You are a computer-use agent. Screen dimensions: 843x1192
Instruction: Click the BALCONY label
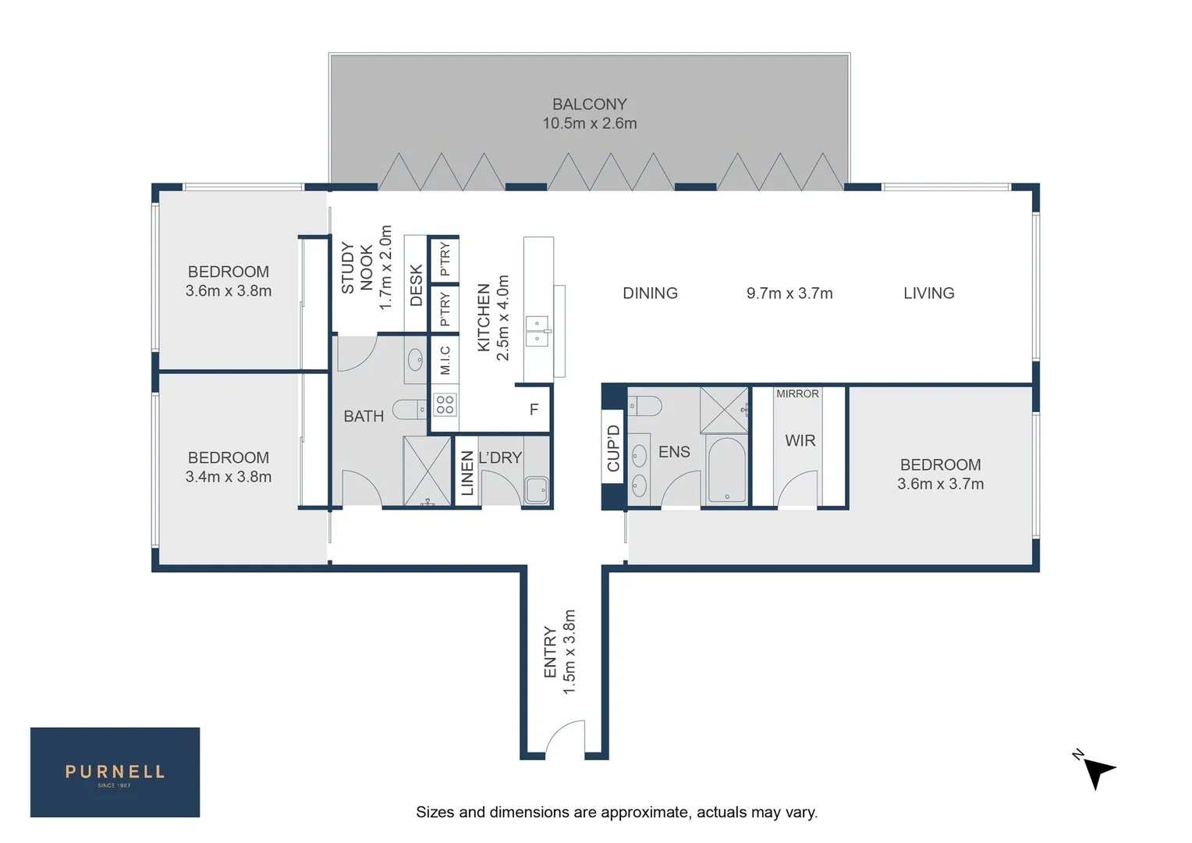click(x=589, y=104)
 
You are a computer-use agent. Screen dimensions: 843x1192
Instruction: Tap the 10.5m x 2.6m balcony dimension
click(x=589, y=123)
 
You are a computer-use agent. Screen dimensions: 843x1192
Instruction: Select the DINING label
click(x=650, y=293)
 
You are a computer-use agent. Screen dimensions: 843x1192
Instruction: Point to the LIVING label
click(x=928, y=293)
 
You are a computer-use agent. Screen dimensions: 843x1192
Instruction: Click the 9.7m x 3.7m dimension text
click(x=789, y=293)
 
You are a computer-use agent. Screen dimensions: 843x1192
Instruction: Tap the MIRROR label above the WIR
click(x=797, y=394)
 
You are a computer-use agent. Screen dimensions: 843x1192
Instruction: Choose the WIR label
click(x=800, y=441)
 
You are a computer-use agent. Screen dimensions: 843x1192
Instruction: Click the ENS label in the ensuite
click(x=674, y=452)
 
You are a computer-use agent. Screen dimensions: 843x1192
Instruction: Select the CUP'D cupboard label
click(x=613, y=448)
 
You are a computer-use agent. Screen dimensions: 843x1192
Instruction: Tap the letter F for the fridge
click(x=534, y=410)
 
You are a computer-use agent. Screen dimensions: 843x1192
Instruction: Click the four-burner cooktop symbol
click(x=445, y=404)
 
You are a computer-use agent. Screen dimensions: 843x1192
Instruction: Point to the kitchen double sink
click(x=537, y=331)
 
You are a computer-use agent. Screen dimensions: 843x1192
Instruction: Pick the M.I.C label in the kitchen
click(x=445, y=360)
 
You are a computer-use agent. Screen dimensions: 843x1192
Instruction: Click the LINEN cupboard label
click(x=467, y=474)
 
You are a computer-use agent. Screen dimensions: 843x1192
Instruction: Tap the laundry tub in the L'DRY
click(x=536, y=490)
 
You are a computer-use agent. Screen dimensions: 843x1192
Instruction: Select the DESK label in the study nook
click(x=416, y=285)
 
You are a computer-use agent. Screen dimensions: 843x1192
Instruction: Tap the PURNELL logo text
click(x=115, y=772)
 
